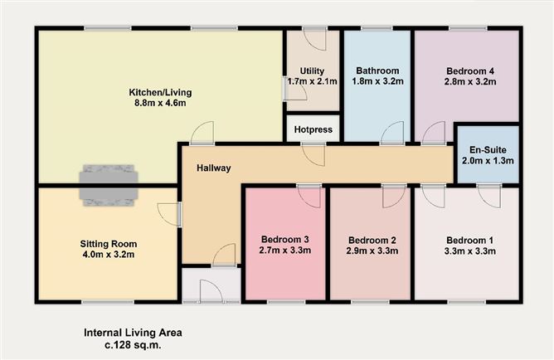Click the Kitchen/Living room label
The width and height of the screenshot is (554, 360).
tap(161, 91)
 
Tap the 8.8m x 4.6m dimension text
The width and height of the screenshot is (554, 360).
tap(161, 104)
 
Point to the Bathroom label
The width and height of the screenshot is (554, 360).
tap(377, 71)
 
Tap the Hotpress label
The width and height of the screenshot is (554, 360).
tap(313, 130)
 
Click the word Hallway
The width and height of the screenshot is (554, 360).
tap(213, 168)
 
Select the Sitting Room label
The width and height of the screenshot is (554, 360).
tap(108, 244)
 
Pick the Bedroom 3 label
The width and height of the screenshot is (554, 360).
tap(284, 240)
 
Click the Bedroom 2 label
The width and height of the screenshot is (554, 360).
tap(372, 241)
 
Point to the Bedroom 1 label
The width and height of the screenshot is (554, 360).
tap(469, 241)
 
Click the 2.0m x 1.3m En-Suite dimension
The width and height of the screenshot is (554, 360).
tap(487, 160)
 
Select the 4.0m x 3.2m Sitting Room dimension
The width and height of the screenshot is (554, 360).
tap(108, 256)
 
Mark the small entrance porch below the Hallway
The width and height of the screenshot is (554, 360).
tap(211, 285)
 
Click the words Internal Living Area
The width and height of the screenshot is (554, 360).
tap(132, 332)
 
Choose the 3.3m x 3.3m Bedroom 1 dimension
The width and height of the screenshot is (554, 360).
tap(469, 252)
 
